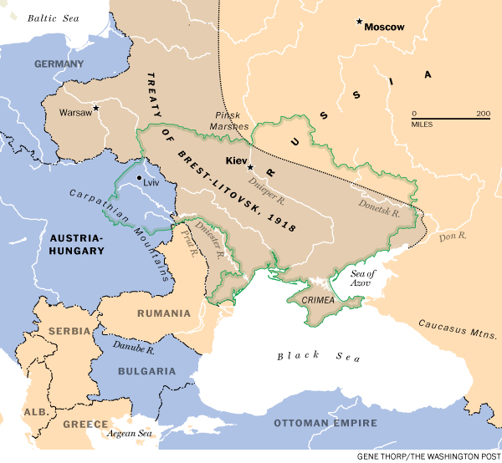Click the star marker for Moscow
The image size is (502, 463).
(360, 22)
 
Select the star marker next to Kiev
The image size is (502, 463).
(249, 166)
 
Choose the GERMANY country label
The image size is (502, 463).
(59, 64)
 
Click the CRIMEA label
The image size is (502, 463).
(319, 300)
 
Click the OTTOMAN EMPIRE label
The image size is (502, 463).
(327, 425)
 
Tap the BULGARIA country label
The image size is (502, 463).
(147, 370)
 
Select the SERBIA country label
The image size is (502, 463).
(69, 331)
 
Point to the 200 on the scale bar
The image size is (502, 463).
(483, 114)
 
